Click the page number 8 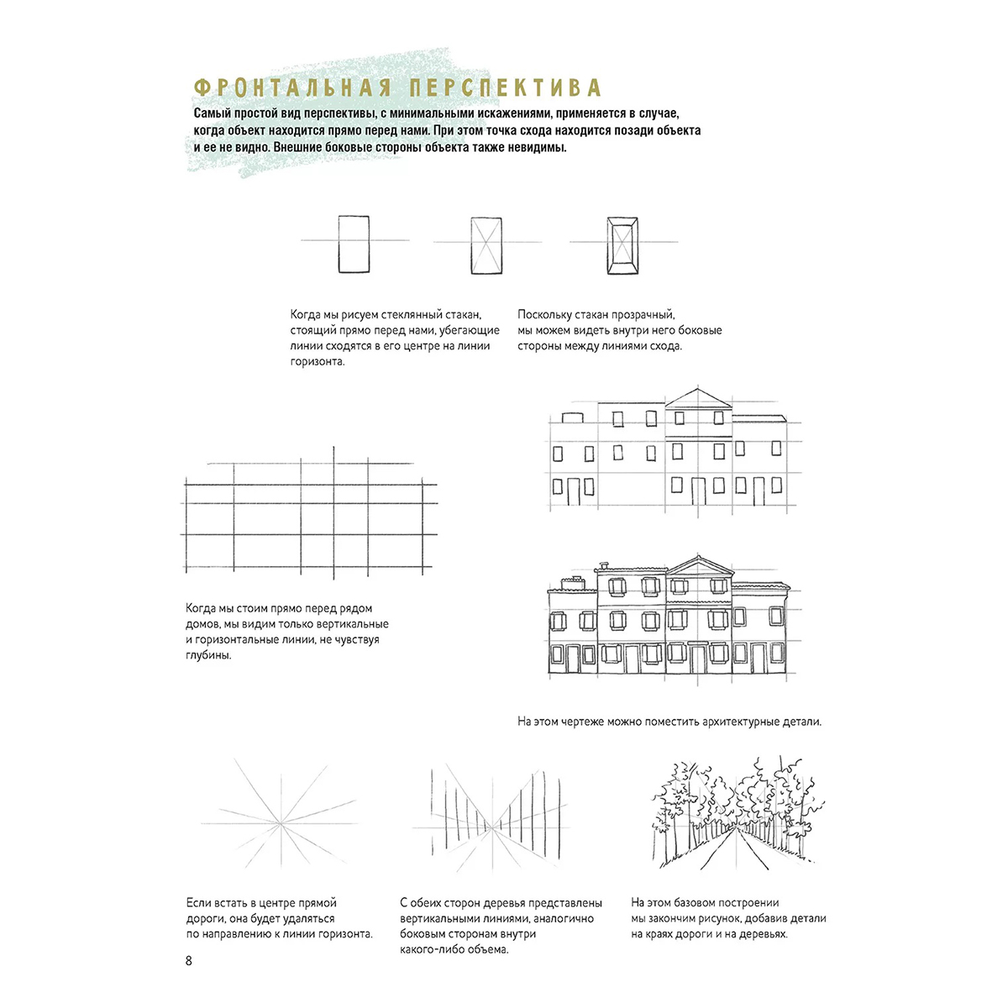click(x=188, y=960)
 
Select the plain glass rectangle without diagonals click(x=354, y=244)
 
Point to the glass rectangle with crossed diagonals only click(x=486, y=244)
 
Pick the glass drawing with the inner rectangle click(x=622, y=244)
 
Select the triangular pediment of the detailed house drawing click(x=699, y=565)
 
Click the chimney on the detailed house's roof click(x=603, y=567)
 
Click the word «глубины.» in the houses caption click(x=208, y=655)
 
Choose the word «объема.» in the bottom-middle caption click(x=487, y=950)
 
